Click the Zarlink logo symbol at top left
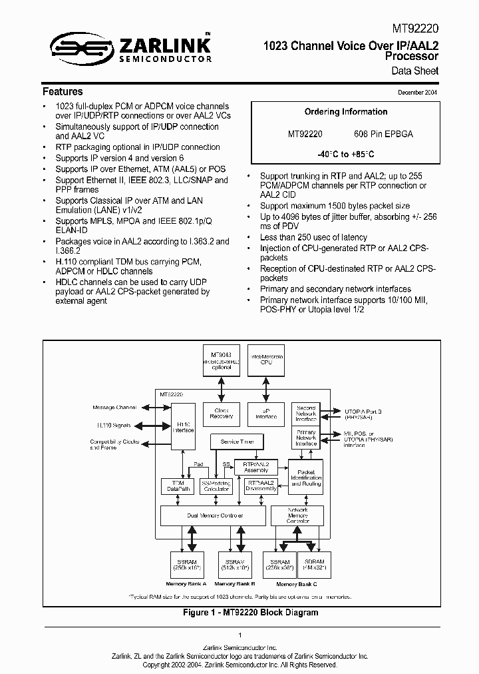click(75, 46)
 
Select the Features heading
click(63, 91)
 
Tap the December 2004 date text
click(417, 93)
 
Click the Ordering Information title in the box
click(345, 112)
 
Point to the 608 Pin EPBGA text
click(388, 134)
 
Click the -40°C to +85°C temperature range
click(345, 154)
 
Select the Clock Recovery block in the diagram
click(221, 414)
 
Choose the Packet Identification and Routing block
click(306, 478)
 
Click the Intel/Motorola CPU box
click(265, 361)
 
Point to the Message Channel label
click(113, 407)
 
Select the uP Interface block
click(265, 414)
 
